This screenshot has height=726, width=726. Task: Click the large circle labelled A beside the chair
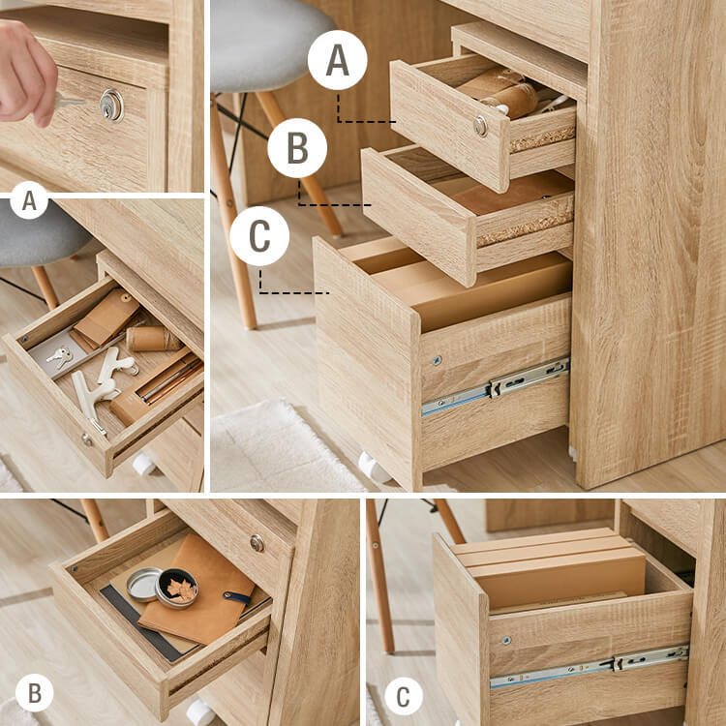(x=337, y=60)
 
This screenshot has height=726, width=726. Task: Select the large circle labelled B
(x=297, y=148)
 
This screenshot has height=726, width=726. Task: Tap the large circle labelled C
(x=259, y=236)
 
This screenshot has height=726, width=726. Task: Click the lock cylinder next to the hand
(x=112, y=106)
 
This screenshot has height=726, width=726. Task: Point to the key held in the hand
(x=70, y=101)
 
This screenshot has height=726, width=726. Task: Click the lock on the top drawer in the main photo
(x=480, y=126)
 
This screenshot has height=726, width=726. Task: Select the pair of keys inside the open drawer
(x=60, y=356)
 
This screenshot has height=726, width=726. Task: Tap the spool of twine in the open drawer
(x=154, y=339)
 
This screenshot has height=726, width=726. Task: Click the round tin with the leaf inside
(x=176, y=589)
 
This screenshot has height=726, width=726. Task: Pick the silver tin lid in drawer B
(x=144, y=585)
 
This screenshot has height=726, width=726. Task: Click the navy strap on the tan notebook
(x=237, y=598)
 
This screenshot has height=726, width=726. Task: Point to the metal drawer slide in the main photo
(x=495, y=387)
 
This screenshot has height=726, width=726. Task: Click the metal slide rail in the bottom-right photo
(x=589, y=666)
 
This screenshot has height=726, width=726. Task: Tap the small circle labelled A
(x=29, y=200)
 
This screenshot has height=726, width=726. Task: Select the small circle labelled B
(x=35, y=693)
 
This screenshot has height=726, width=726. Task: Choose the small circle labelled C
(x=404, y=696)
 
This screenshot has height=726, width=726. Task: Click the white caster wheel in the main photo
(x=374, y=468)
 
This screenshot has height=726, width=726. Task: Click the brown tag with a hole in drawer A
(x=106, y=318)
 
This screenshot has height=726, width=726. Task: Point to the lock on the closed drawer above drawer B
(x=257, y=543)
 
